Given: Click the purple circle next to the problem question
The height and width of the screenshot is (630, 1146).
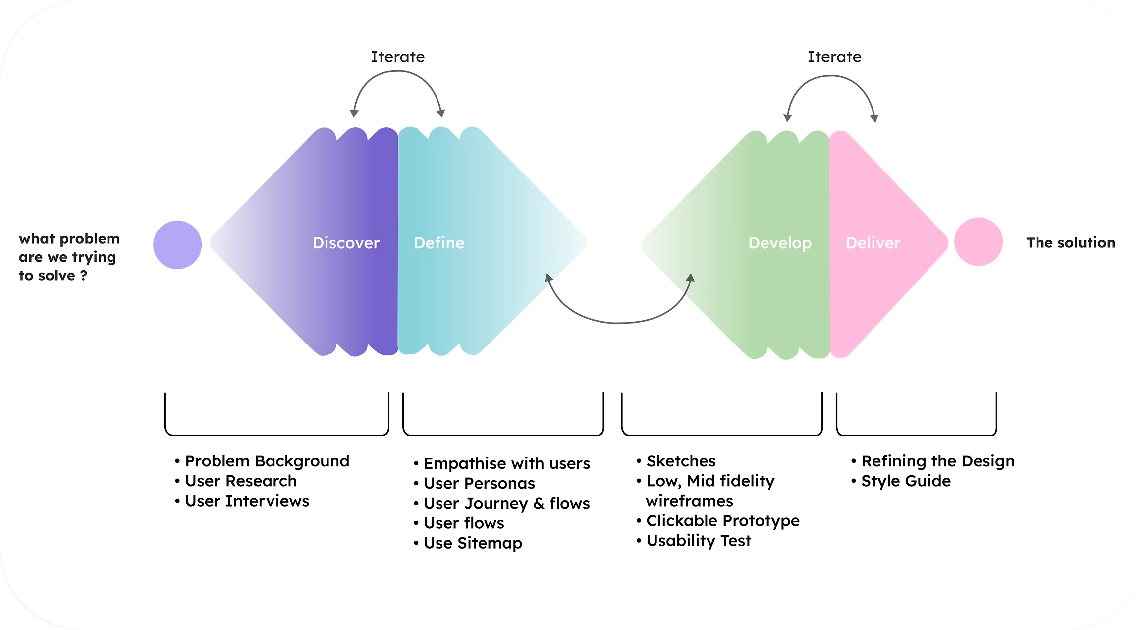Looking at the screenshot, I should pyautogui.click(x=177, y=245).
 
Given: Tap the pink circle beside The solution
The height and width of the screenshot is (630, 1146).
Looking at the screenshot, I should pyautogui.click(x=978, y=242).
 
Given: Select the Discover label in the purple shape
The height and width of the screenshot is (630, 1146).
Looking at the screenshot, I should pyautogui.click(x=346, y=243).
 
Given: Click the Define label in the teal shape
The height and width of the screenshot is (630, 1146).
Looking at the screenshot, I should pyautogui.click(x=439, y=243).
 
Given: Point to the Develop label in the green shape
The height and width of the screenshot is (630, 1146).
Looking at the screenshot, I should pyautogui.click(x=780, y=243).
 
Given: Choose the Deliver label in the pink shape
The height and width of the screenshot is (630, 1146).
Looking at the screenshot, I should pyautogui.click(x=873, y=243).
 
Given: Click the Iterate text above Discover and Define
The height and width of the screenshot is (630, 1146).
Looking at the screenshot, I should pyautogui.click(x=398, y=57).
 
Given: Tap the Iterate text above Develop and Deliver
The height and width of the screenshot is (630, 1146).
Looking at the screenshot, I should pyautogui.click(x=834, y=57).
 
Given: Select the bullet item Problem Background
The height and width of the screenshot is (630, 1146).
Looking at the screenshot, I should pyautogui.click(x=267, y=461).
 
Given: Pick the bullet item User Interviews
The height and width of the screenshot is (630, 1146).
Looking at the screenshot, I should pyautogui.click(x=247, y=501).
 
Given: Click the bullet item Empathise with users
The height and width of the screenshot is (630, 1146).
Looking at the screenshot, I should pyautogui.click(x=506, y=463).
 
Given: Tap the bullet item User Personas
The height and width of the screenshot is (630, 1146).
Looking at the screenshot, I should pyautogui.click(x=479, y=483).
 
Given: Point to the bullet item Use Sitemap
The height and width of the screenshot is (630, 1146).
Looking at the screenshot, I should pyautogui.click(x=473, y=543).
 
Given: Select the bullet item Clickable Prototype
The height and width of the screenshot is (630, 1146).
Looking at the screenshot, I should pyautogui.click(x=722, y=520).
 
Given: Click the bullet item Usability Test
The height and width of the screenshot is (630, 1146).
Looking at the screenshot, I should pyautogui.click(x=699, y=540).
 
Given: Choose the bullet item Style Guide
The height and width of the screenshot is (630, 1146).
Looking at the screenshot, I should pyautogui.click(x=906, y=481).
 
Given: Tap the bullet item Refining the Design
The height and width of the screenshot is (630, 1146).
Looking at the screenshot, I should pyautogui.click(x=937, y=461).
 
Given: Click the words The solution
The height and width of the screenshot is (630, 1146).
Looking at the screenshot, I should pyautogui.click(x=1071, y=243).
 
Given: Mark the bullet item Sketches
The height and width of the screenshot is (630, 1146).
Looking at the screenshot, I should pyautogui.click(x=681, y=461).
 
